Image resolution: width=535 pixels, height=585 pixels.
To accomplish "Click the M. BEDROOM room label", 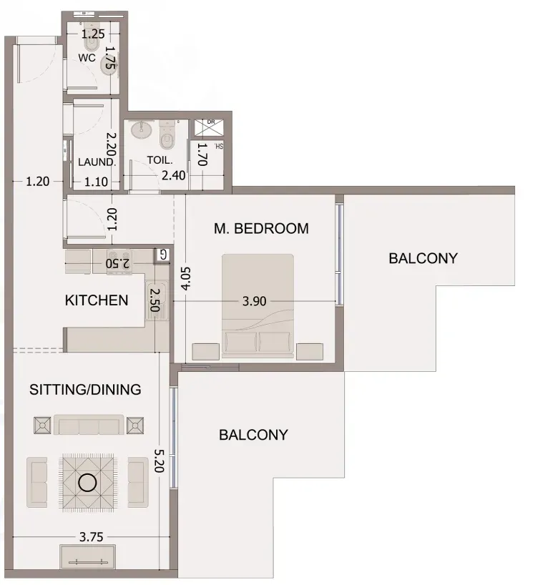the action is point(261,228).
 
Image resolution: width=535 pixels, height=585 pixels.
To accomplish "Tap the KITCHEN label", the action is point(97,300).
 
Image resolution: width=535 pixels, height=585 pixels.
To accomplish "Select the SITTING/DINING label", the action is point(85,390).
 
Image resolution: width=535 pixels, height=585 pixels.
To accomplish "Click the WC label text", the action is point(87,58).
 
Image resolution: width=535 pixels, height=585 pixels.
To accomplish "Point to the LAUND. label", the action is point(97,162).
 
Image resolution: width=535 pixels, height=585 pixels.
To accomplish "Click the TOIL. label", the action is point(160,160).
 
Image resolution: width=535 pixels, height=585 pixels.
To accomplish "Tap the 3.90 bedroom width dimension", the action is point(255,301).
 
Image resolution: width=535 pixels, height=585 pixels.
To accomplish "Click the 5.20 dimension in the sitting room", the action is point(159,461).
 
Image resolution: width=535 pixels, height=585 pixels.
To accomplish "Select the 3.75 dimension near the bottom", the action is point(92,537).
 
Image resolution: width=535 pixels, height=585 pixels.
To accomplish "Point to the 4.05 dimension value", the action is point(186,278).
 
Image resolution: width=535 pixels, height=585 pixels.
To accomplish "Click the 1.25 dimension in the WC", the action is point(93,34).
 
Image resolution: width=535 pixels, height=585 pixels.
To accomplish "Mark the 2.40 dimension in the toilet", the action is point(174,175).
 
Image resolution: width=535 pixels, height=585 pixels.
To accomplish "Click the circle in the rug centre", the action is point(88,483).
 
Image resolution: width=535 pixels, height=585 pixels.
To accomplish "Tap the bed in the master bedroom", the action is point(257,306).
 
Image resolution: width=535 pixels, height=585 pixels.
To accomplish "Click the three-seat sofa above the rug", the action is point(89,425).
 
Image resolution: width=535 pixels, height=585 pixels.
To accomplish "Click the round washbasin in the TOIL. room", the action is point(142,130).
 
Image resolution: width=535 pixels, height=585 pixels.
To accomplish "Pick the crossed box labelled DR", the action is point(210,127).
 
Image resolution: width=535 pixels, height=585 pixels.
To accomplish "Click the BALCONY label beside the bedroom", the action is point(423,258).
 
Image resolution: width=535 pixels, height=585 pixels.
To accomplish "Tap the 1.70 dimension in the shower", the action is point(202,154).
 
